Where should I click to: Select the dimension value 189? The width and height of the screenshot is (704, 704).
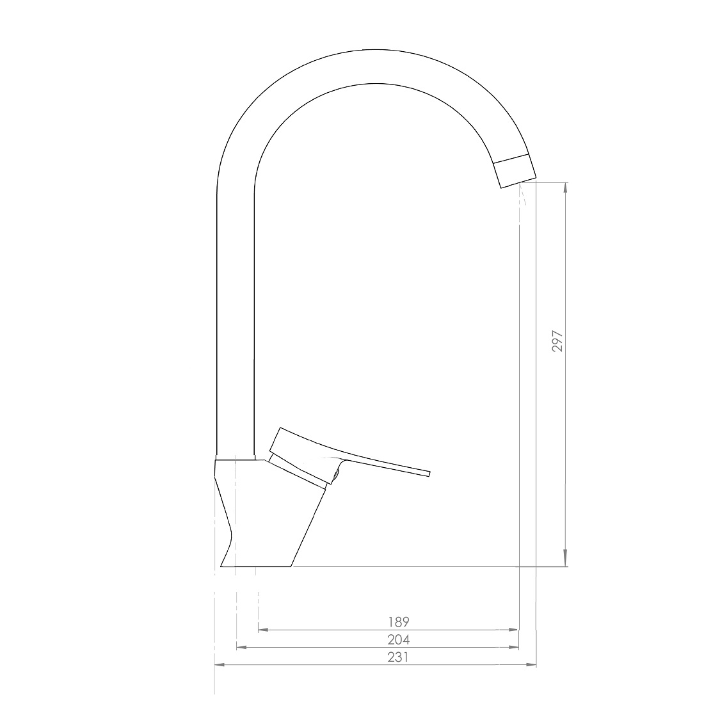[399, 622]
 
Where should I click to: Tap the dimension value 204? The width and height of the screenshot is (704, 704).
[399, 639]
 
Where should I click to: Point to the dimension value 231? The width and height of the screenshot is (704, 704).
[398, 657]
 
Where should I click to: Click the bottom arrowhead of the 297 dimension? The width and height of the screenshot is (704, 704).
[566, 561]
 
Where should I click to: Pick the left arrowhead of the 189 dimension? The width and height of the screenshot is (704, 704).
[264, 630]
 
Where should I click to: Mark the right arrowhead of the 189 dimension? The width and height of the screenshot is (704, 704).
[513, 630]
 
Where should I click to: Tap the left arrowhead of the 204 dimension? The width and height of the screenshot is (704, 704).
[242, 648]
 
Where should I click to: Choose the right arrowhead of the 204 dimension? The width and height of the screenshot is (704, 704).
[513, 648]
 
